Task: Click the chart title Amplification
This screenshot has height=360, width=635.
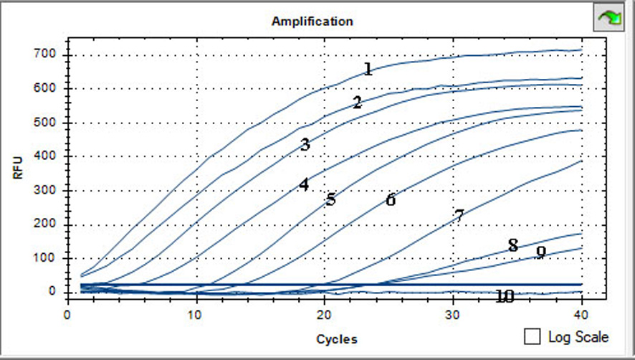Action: click(x=312, y=21)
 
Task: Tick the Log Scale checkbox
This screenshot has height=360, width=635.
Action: click(x=533, y=336)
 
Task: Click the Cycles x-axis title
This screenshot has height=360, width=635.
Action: click(x=336, y=339)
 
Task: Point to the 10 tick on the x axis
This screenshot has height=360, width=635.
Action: click(x=196, y=314)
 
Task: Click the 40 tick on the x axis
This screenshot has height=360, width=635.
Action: click(x=581, y=314)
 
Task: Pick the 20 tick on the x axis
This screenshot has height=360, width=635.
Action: click(x=324, y=314)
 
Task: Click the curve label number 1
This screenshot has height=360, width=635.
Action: click(x=368, y=69)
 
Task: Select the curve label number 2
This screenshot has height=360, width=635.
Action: click(x=357, y=103)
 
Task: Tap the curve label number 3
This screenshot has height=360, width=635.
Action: click(x=305, y=145)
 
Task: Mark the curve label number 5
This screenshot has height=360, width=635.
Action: click(x=330, y=199)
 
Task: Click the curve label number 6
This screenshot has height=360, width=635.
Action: click(x=391, y=200)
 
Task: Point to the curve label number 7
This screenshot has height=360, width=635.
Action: click(x=459, y=215)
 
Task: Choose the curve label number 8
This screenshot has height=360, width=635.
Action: click(x=512, y=246)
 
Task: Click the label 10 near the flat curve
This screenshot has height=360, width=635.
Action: click(x=505, y=296)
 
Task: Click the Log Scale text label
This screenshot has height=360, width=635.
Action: click(x=578, y=336)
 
